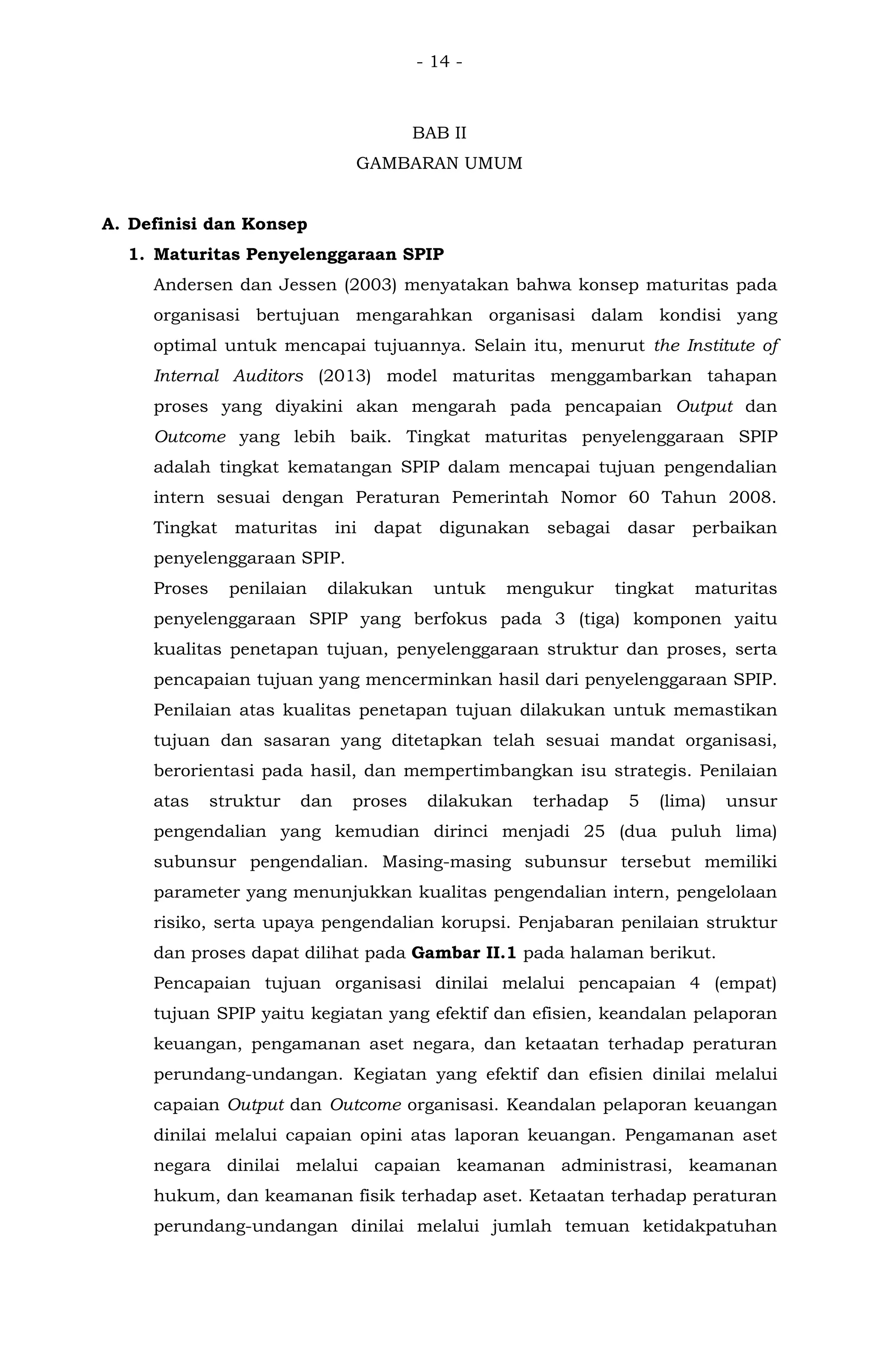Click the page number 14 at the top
tap(439, 61)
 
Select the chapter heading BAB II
tap(439, 134)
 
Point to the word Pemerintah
tap(500, 498)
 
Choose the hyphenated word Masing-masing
tap(446, 862)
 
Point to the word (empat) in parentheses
tap(745, 984)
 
